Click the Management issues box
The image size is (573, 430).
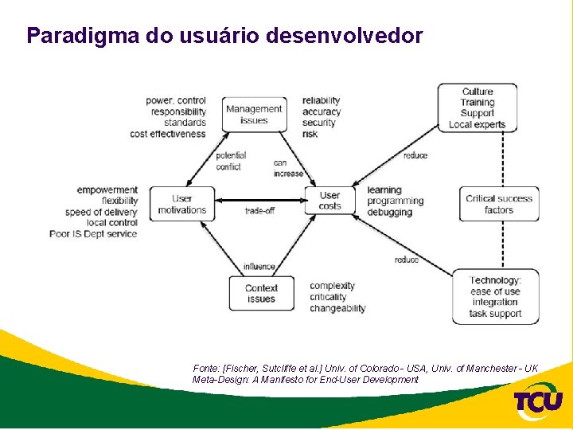(254, 115)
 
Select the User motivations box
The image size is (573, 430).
(182, 204)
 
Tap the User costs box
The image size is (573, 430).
(329, 201)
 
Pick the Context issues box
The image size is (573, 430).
(261, 294)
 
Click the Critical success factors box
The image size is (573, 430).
(498, 204)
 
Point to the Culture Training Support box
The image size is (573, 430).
(477, 107)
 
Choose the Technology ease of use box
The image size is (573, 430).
(495, 296)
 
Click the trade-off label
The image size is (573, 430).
(259, 211)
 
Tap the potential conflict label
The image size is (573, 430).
(231, 161)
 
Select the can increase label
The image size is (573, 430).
(288, 168)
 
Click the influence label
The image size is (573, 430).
(259, 267)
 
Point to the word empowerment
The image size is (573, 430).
(107, 190)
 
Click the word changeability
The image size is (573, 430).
(337, 308)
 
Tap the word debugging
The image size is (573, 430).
(390, 213)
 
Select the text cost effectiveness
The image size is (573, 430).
(168, 134)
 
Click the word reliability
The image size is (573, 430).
(322, 100)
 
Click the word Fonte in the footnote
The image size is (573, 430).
(205, 369)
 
